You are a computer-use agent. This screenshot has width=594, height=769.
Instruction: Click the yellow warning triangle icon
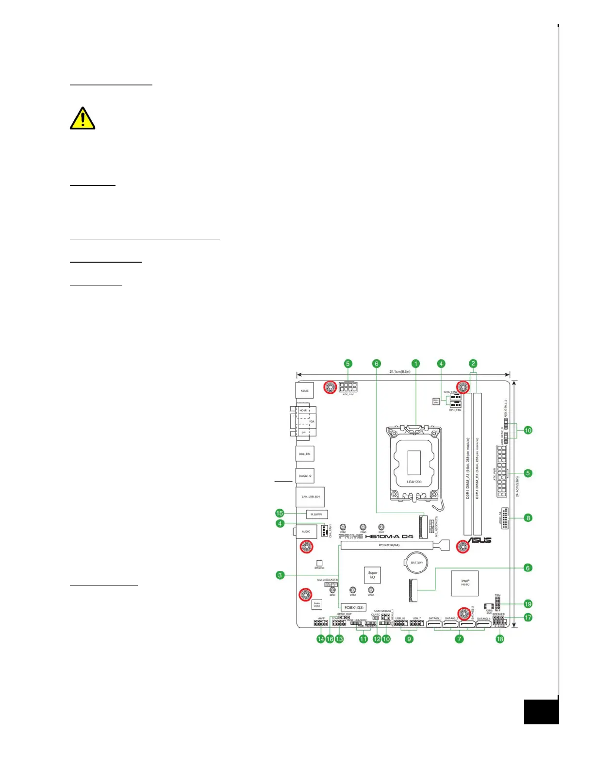[x=82, y=118]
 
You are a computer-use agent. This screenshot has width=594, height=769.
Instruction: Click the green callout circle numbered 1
[x=415, y=364]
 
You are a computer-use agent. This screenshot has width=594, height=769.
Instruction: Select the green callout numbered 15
[x=280, y=513]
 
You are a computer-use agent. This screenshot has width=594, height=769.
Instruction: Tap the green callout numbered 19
[x=528, y=604]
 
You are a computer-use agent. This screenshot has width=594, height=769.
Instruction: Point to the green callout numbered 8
[x=528, y=518]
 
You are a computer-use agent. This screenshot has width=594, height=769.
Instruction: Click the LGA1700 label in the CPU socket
[x=414, y=482]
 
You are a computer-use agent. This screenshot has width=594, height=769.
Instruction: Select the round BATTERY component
[x=416, y=563]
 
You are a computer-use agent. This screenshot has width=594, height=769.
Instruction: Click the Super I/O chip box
[x=372, y=575]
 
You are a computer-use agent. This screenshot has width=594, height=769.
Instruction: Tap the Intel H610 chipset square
[x=465, y=583]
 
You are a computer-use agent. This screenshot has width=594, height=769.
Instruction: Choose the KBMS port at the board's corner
[x=304, y=390]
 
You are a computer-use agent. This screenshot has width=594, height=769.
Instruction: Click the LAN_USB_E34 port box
[x=310, y=497]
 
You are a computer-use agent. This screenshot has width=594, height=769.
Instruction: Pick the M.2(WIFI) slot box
[x=317, y=514]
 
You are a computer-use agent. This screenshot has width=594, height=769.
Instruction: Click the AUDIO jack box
[x=306, y=532]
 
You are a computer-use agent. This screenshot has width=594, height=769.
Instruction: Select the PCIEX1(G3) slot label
[x=353, y=607]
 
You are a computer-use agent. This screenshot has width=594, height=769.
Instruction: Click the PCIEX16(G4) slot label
[x=389, y=545]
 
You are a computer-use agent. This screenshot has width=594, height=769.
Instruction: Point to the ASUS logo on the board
[x=479, y=540]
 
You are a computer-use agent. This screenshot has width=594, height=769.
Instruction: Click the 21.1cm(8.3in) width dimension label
[x=399, y=372]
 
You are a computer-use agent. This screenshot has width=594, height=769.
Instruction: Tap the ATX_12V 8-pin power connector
[x=348, y=387]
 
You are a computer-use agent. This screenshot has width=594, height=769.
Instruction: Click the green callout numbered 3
[x=280, y=575]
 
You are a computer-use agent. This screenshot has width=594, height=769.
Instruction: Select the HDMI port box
[x=303, y=411]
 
